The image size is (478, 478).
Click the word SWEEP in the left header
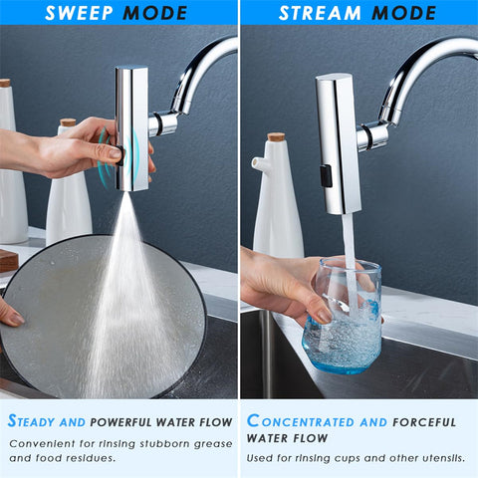click(87, 13)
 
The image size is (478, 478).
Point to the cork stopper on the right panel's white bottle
click(276, 137)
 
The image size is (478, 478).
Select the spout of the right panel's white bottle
click(258, 160)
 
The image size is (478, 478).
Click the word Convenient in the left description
click(43, 443)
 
